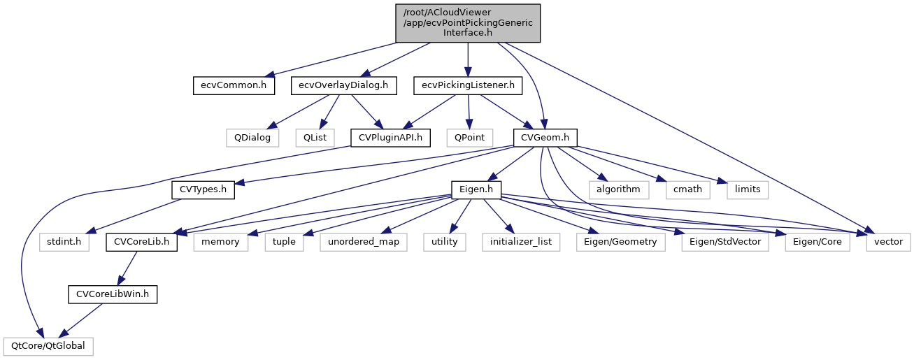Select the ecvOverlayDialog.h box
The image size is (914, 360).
344,86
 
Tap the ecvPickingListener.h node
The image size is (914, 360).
468,86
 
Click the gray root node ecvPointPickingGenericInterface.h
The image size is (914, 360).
467,22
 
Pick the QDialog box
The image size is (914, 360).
252,138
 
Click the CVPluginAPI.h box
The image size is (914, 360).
390,138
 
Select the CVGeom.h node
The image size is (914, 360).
545,138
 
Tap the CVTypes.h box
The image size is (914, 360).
203,189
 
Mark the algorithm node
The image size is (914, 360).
618,189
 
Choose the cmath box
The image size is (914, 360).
688,189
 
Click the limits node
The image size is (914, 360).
748,189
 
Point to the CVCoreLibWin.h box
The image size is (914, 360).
113,294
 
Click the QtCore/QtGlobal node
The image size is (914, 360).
48,346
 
